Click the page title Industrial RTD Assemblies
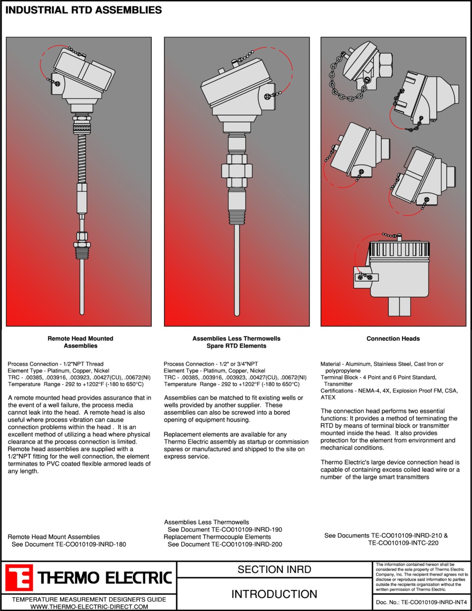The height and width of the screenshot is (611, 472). point(83,10)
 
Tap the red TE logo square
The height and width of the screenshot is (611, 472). point(19,578)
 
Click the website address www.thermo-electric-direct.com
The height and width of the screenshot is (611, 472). point(89,606)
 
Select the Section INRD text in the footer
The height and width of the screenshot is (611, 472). point(274,569)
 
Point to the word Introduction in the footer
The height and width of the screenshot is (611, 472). point(274,594)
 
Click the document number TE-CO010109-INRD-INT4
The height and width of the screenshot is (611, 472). point(434,602)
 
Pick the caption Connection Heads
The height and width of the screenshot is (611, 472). point(393,338)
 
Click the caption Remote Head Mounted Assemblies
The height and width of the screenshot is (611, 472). point(80,342)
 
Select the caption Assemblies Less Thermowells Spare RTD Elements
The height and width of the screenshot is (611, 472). point(236,342)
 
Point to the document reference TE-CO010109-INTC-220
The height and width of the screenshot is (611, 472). point(403,543)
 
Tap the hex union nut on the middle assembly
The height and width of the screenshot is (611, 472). point(236,170)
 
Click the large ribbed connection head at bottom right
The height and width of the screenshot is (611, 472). point(399,272)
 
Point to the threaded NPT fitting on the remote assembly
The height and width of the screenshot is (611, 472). point(82,251)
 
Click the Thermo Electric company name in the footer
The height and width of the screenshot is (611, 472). point(105,578)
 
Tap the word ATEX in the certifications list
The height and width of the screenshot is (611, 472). point(328,397)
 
